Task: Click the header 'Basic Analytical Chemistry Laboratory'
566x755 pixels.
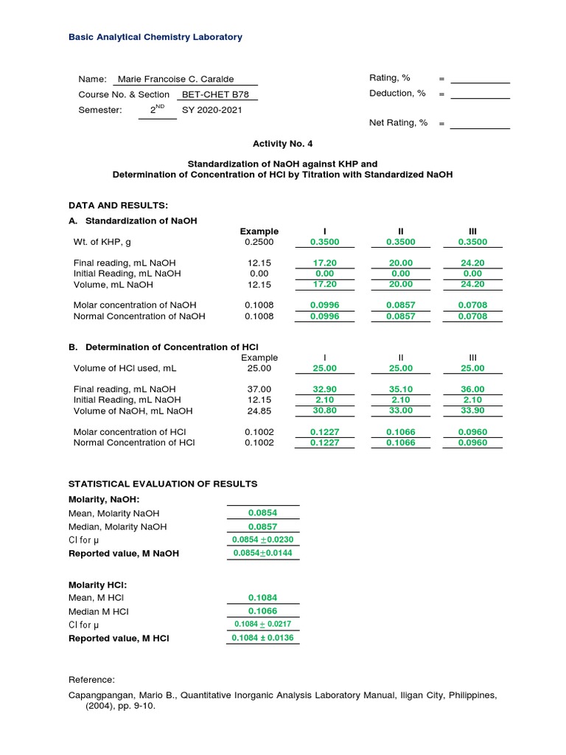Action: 155,37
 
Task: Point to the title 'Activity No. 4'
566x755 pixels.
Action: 282,145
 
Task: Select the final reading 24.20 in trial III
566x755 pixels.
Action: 472,262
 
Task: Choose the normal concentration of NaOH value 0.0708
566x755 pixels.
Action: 472,316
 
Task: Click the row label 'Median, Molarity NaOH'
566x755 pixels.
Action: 117,526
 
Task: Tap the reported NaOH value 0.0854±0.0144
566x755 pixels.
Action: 263,553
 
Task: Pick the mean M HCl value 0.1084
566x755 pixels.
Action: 263,598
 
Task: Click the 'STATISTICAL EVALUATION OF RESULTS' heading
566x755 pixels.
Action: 163,484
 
